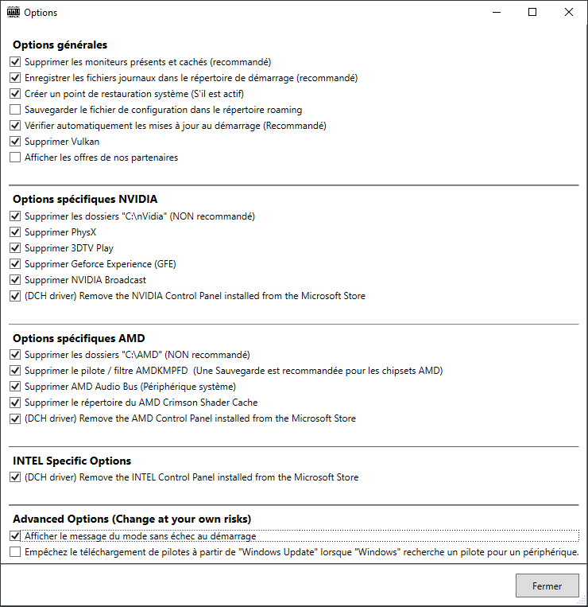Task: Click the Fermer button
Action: (547, 586)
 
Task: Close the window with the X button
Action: (568, 12)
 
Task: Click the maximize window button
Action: (532, 12)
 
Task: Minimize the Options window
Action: (497, 12)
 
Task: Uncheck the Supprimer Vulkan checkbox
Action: (15, 142)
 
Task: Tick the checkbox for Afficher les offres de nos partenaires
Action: (15, 158)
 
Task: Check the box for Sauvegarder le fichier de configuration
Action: (15, 110)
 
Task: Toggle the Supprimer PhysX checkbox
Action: (15, 232)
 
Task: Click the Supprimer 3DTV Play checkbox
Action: (15, 248)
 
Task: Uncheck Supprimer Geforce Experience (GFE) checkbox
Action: (15, 264)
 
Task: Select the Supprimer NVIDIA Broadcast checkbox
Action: (15, 280)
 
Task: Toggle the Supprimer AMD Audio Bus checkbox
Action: (15, 387)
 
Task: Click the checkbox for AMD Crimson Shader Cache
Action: (15, 403)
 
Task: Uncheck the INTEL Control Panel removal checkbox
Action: (15, 477)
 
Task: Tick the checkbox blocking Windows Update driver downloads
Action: (15, 552)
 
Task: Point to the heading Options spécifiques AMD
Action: (79, 338)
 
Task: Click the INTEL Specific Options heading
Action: (72, 461)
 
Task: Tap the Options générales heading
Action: (60, 45)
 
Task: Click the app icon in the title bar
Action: (14, 12)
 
